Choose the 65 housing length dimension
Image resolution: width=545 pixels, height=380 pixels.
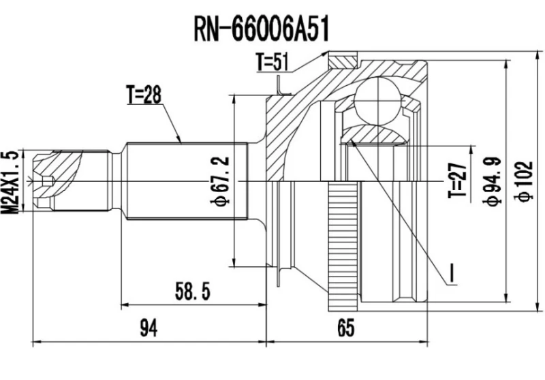coord(346,329)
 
